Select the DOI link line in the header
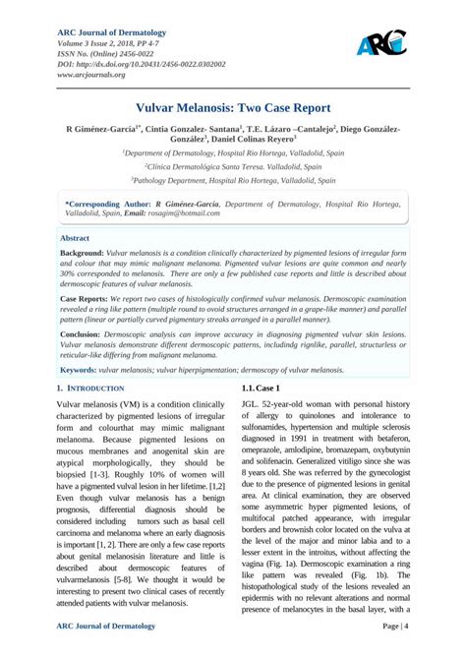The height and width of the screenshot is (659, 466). pyautogui.click(x=141, y=63)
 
